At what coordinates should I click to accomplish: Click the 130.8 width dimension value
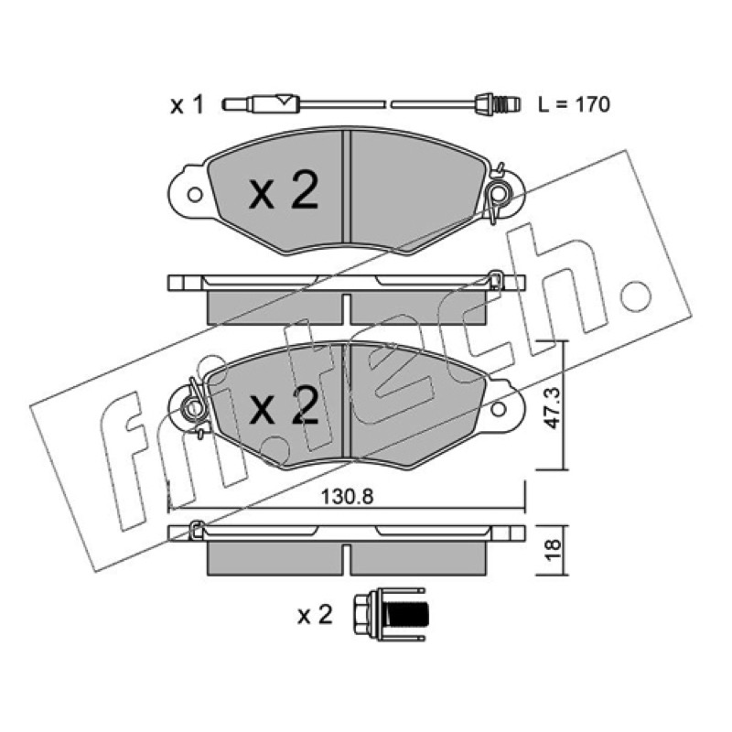tap(348, 497)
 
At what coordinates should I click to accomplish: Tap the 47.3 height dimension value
tap(554, 409)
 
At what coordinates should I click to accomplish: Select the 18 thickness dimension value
tap(553, 550)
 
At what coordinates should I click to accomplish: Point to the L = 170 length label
tap(574, 104)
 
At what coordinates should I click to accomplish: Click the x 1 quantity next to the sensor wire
tap(187, 105)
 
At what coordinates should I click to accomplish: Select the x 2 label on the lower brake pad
tap(284, 405)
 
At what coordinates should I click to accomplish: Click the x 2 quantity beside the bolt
tap(315, 615)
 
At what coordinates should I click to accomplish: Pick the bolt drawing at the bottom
tap(390, 614)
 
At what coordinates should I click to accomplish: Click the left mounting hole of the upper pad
tap(195, 194)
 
